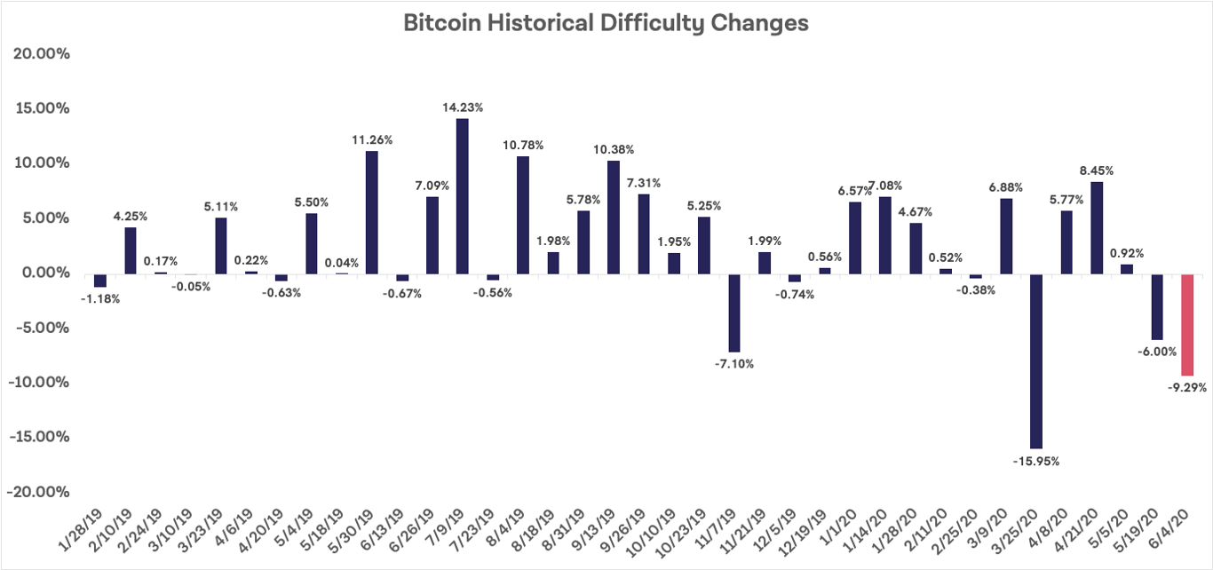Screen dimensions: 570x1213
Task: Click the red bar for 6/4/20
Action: point(1186,324)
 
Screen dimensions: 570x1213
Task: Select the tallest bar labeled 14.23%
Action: point(462,195)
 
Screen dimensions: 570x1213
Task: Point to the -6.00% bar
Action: point(1156,306)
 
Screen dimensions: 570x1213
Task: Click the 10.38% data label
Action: point(613,149)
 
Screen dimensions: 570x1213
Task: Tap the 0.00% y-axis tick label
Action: point(43,273)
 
